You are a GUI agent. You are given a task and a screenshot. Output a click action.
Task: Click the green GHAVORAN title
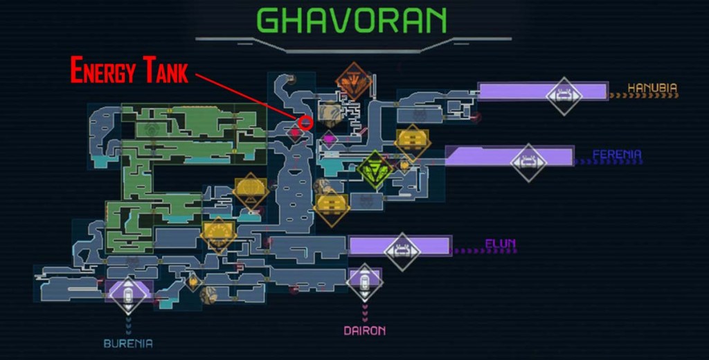point(352,20)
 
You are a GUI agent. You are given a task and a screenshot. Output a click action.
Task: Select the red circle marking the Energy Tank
point(306,123)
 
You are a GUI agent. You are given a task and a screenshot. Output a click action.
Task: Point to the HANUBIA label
point(652,88)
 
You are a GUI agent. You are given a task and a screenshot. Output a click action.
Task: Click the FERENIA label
point(617,154)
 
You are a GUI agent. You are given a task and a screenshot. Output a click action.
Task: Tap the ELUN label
point(500,244)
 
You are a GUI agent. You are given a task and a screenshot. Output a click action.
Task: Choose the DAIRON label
point(365,331)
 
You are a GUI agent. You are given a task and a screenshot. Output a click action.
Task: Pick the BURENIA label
point(128,343)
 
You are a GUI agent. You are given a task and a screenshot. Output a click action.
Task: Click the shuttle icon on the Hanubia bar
point(564,96)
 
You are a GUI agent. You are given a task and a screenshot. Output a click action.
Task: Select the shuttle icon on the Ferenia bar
point(528,162)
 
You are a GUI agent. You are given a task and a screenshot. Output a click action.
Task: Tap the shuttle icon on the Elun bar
point(402,251)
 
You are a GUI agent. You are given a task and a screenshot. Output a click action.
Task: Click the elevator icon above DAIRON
point(364,282)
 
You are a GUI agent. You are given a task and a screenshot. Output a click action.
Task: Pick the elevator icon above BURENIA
point(128,296)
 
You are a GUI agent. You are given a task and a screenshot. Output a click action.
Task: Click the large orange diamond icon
point(353,82)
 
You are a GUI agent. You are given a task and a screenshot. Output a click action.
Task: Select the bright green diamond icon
point(375,170)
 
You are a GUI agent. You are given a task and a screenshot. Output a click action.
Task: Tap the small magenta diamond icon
point(329,138)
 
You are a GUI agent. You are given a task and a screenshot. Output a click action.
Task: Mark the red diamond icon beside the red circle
point(295,134)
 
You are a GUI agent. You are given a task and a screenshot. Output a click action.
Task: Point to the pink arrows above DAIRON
point(365,313)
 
